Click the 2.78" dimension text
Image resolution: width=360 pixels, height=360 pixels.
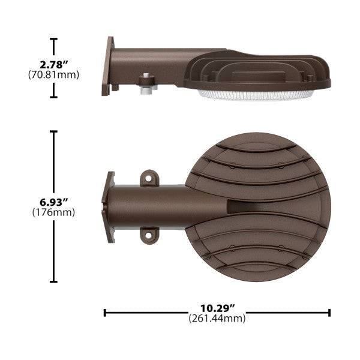[54, 64]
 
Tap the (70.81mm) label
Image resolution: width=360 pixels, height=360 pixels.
[54, 75]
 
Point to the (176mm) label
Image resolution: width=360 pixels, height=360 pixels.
[54, 212]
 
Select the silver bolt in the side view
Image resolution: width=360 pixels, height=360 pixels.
[146, 85]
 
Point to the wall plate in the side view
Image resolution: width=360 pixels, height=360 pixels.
[110, 66]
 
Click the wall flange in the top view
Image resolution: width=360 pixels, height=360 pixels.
[110, 206]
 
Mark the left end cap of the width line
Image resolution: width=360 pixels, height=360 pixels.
[105, 313]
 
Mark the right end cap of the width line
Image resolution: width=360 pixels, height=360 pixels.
[329, 313]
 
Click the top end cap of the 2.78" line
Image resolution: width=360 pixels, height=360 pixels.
[54, 39]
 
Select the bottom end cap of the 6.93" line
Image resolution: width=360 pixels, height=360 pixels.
[54, 281]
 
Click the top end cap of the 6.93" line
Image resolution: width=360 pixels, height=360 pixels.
[54, 131]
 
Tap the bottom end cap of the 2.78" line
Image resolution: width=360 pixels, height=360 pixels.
[54, 97]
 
